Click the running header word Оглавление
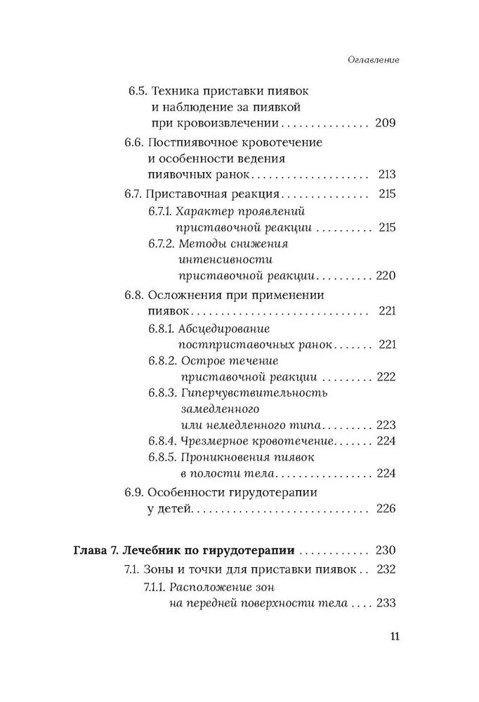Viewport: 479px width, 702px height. point(374,60)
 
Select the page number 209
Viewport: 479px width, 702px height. point(386,123)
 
